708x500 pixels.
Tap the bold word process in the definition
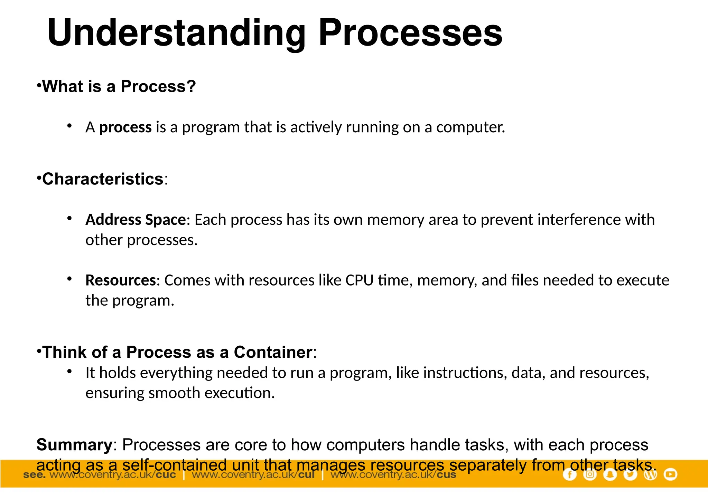125,127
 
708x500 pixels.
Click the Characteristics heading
103,179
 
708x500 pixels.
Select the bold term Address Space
136,220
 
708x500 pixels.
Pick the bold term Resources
121,280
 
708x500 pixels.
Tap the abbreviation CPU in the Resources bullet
359,280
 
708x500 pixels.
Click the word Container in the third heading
273,352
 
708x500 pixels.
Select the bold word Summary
74,445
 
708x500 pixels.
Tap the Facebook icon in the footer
569,474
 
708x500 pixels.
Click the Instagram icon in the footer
590,474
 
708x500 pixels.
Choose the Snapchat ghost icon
610,474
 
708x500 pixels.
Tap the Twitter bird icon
630,474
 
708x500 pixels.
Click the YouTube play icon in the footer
670,474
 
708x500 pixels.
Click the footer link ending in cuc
113,475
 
